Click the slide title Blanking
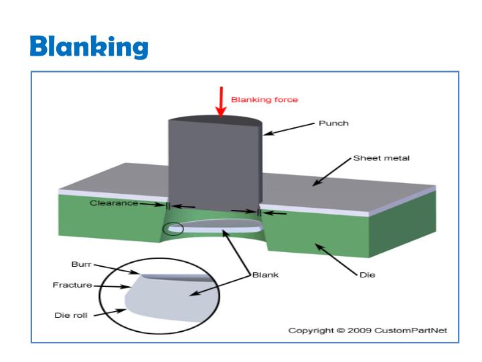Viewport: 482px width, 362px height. tap(89, 46)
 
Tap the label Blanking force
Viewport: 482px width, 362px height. tap(264, 99)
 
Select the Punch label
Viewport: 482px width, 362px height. tap(333, 123)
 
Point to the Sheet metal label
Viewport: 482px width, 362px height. tap(381, 158)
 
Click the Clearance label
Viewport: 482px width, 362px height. tap(114, 202)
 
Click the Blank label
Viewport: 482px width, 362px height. tap(265, 274)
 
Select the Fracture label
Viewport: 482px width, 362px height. tap(72, 285)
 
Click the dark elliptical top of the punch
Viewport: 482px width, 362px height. tap(215, 121)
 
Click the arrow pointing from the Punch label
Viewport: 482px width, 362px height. tap(289, 129)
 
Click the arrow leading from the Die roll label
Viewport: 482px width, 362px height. tap(111, 312)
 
